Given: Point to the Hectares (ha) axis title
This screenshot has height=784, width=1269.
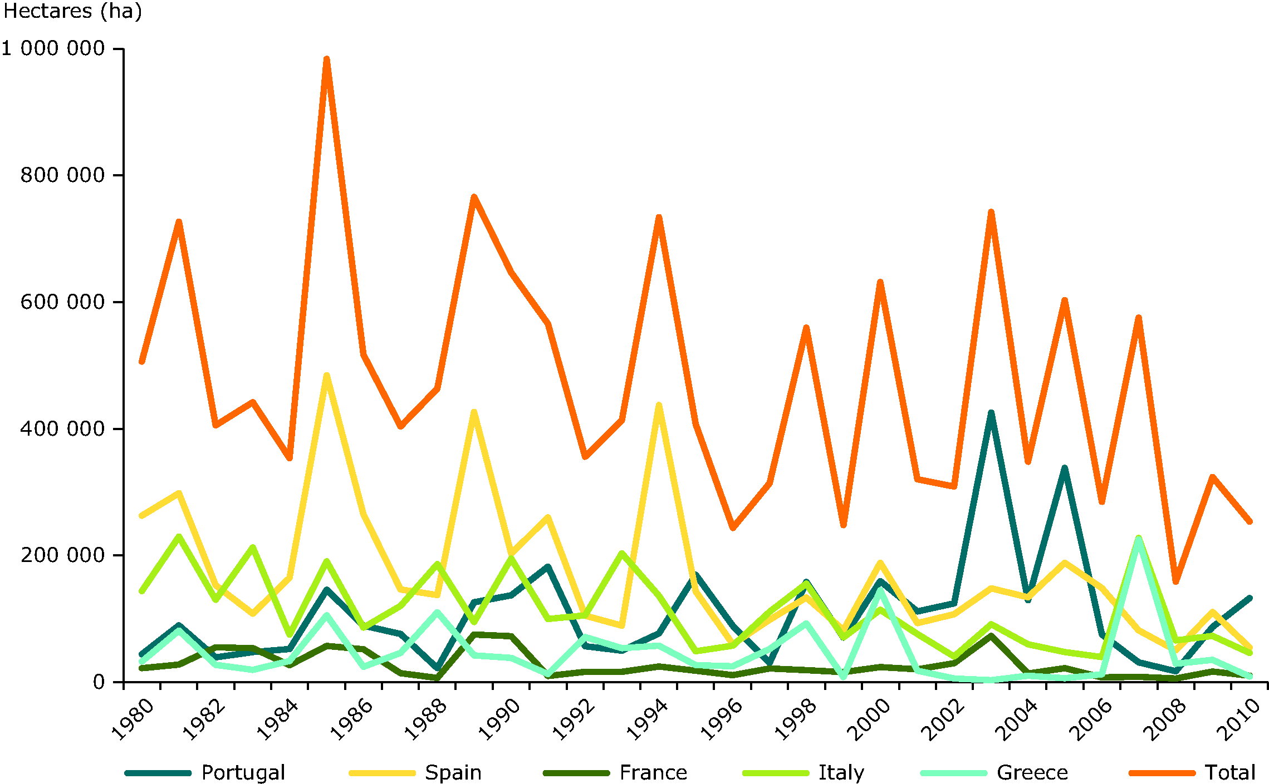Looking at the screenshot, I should coord(72,11).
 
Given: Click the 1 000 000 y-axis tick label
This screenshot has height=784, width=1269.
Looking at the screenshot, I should coord(53,48).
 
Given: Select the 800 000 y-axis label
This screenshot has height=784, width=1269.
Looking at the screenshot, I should coord(62,175).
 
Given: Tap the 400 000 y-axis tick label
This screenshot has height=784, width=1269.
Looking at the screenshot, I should coord(62,428).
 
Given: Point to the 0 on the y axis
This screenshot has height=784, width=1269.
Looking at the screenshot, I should coord(99,682).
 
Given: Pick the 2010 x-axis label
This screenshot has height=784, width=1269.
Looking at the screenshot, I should coord(1239,720).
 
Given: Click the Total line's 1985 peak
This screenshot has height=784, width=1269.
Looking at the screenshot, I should coord(327,59).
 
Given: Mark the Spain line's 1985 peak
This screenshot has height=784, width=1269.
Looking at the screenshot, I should coord(327,376).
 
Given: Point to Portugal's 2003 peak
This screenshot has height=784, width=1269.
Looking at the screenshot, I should coord(991,413).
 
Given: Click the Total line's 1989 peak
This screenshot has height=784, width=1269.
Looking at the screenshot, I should coord(474,197).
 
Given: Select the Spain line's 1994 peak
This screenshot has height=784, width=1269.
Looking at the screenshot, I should coord(659,405).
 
